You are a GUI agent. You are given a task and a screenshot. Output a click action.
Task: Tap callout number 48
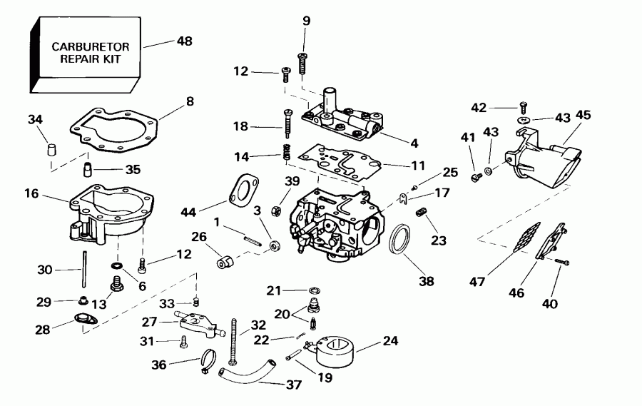[185, 41]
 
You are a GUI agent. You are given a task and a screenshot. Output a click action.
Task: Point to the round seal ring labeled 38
[401, 239]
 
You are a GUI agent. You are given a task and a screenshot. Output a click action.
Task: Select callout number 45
[583, 114]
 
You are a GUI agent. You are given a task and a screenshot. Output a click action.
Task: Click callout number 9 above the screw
[306, 21]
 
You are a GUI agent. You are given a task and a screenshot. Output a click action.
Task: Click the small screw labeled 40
[563, 263]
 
